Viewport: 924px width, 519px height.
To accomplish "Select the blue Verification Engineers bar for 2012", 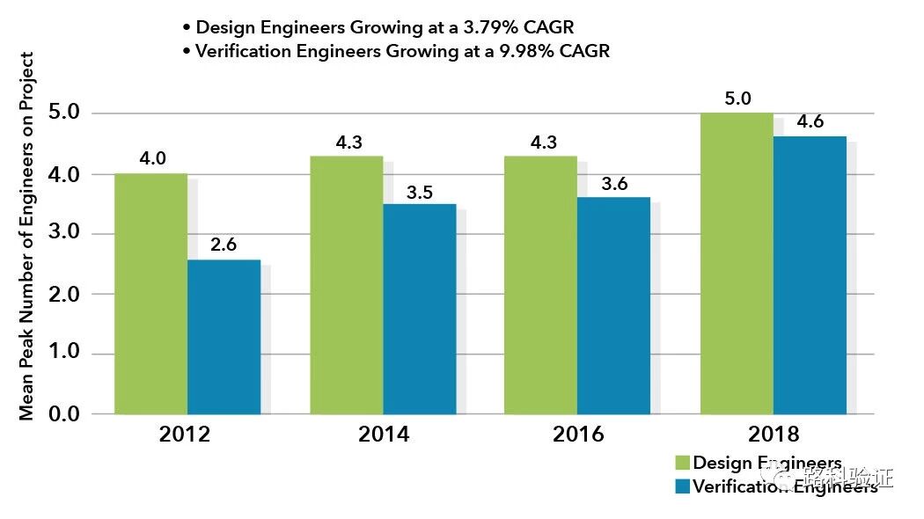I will pos(224,336).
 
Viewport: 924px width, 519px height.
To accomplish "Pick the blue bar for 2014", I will pos(419,309).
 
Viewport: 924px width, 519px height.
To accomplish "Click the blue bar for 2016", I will pos(613,305).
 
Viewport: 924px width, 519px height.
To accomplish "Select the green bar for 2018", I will pos(737,263).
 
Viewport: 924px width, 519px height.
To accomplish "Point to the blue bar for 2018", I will pos(810,274).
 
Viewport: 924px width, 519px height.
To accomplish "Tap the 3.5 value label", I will pos(420,192).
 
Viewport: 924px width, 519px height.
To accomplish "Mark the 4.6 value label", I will pos(809,122).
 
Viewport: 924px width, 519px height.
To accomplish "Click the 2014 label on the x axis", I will pos(384,435).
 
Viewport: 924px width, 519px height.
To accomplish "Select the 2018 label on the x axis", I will pos(774,435).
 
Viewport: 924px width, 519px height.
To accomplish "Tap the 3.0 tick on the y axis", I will pos(62,234).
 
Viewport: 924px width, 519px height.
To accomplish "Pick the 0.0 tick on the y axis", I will pos(62,413).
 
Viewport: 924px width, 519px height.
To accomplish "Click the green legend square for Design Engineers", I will pos(682,464).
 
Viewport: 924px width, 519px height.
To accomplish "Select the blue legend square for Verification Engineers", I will pos(682,486).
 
